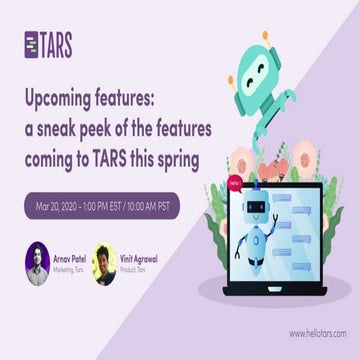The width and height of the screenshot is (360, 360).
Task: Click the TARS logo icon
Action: click(33, 45)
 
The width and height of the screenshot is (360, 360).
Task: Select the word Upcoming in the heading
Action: click(62, 101)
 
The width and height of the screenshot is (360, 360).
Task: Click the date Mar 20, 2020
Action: click(59, 206)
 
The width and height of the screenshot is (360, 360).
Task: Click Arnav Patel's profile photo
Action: click(38, 262)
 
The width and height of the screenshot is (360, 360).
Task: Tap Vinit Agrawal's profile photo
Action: click(104, 262)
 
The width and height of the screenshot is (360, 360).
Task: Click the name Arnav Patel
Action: click(70, 257)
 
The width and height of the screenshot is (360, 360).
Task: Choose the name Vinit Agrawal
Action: click(138, 257)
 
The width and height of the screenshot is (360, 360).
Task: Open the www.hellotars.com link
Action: click(315, 335)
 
